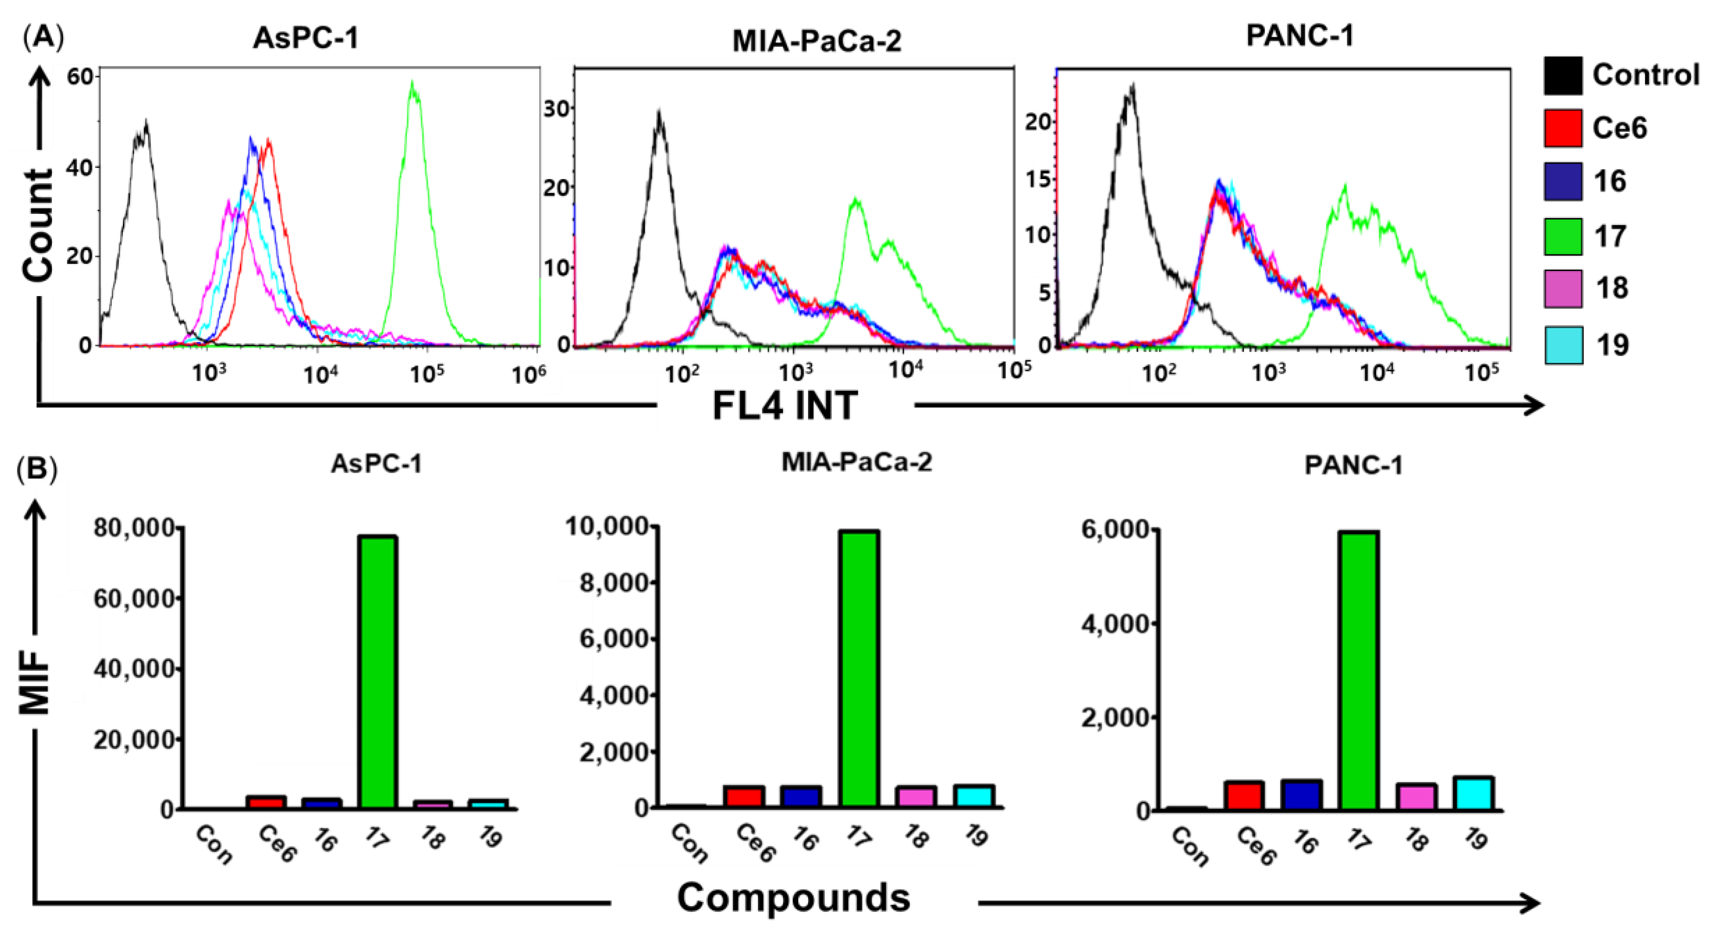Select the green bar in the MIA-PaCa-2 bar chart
859,668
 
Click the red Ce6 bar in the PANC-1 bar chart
1244,796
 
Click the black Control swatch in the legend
1563,75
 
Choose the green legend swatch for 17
1563,236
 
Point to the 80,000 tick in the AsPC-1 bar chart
135,528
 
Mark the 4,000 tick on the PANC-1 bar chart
1115,624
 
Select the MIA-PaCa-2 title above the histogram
816,41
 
